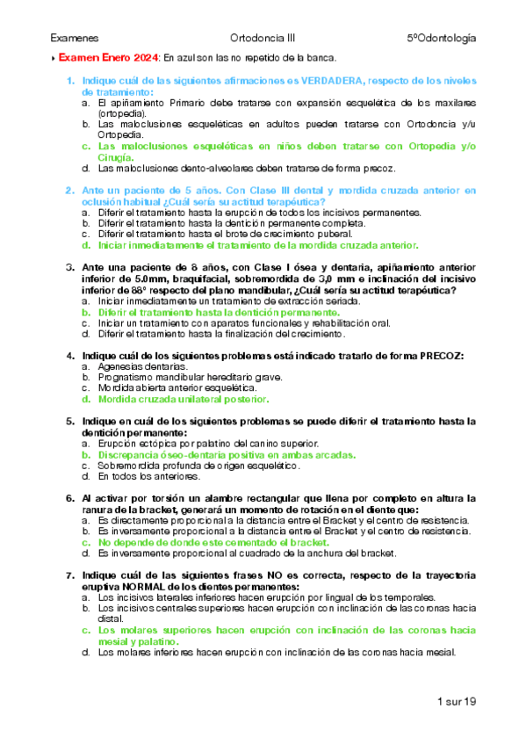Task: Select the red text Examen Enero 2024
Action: [x=108, y=58]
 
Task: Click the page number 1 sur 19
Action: [x=455, y=701]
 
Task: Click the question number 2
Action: [x=69, y=190]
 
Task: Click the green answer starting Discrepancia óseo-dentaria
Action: [x=227, y=456]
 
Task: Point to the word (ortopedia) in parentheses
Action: [x=122, y=113]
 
